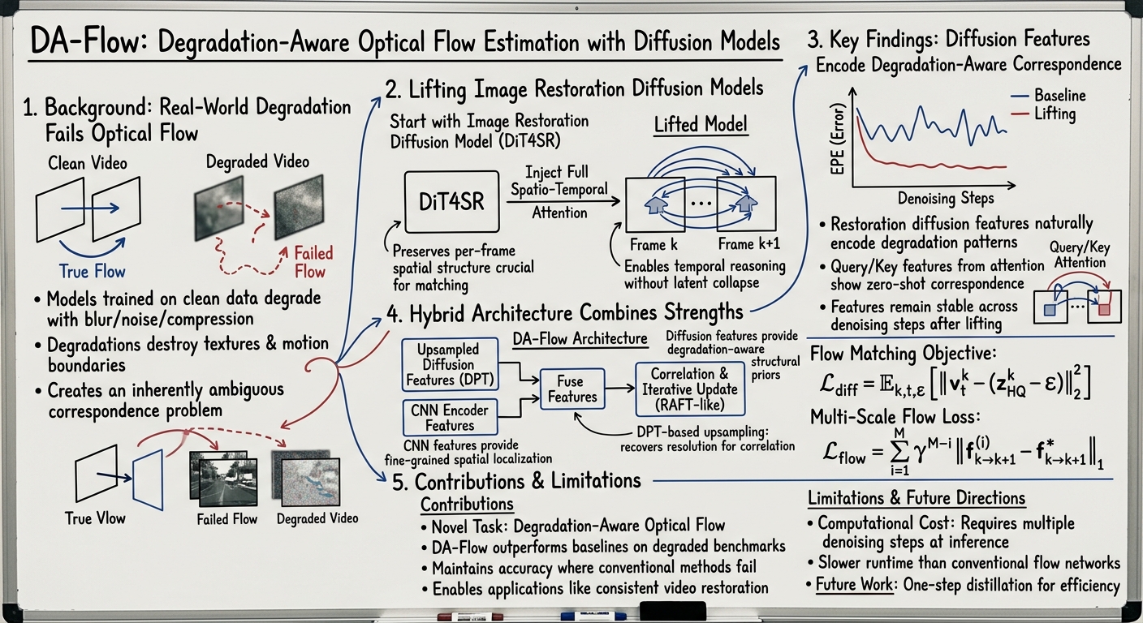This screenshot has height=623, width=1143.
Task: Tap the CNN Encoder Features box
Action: click(x=450, y=418)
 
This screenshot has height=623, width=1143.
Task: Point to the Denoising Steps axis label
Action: click(x=946, y=197)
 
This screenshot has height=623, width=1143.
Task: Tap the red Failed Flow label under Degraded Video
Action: click(x=313, y=262)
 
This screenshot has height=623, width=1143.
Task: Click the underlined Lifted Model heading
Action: click(x=701, y=126)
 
